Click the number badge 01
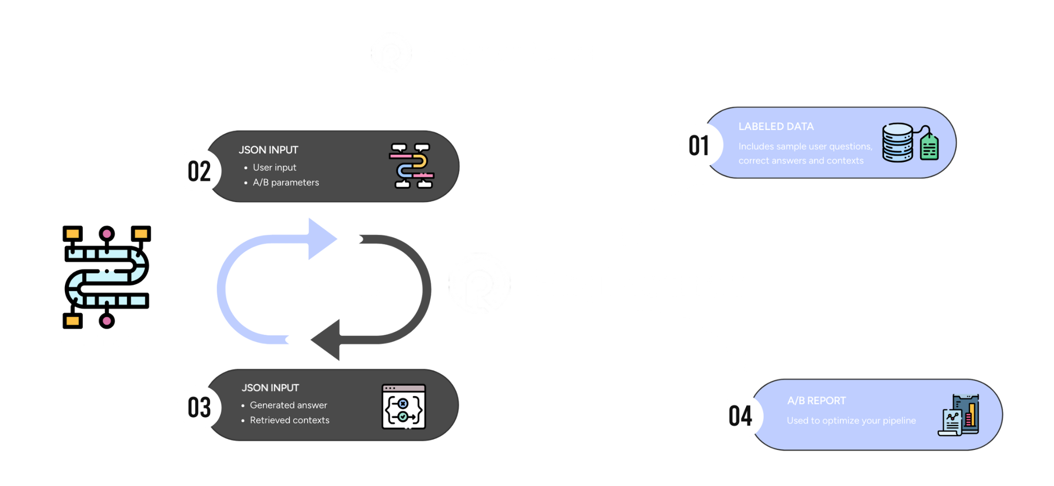(699, 145)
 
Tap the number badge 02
(199, 171)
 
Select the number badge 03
(199, 407)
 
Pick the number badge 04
(740, 416)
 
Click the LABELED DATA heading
(776, 127)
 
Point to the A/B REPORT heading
(816, 401)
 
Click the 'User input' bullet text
(274, 167)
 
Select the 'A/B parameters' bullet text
(286, 182)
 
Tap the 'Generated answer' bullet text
(288, 405)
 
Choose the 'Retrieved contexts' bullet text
(289, 420)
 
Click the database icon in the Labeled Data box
(898, 142)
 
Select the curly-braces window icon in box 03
(403, 406)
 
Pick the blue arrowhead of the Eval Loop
(321, 239)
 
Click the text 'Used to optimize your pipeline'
(851, 420)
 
